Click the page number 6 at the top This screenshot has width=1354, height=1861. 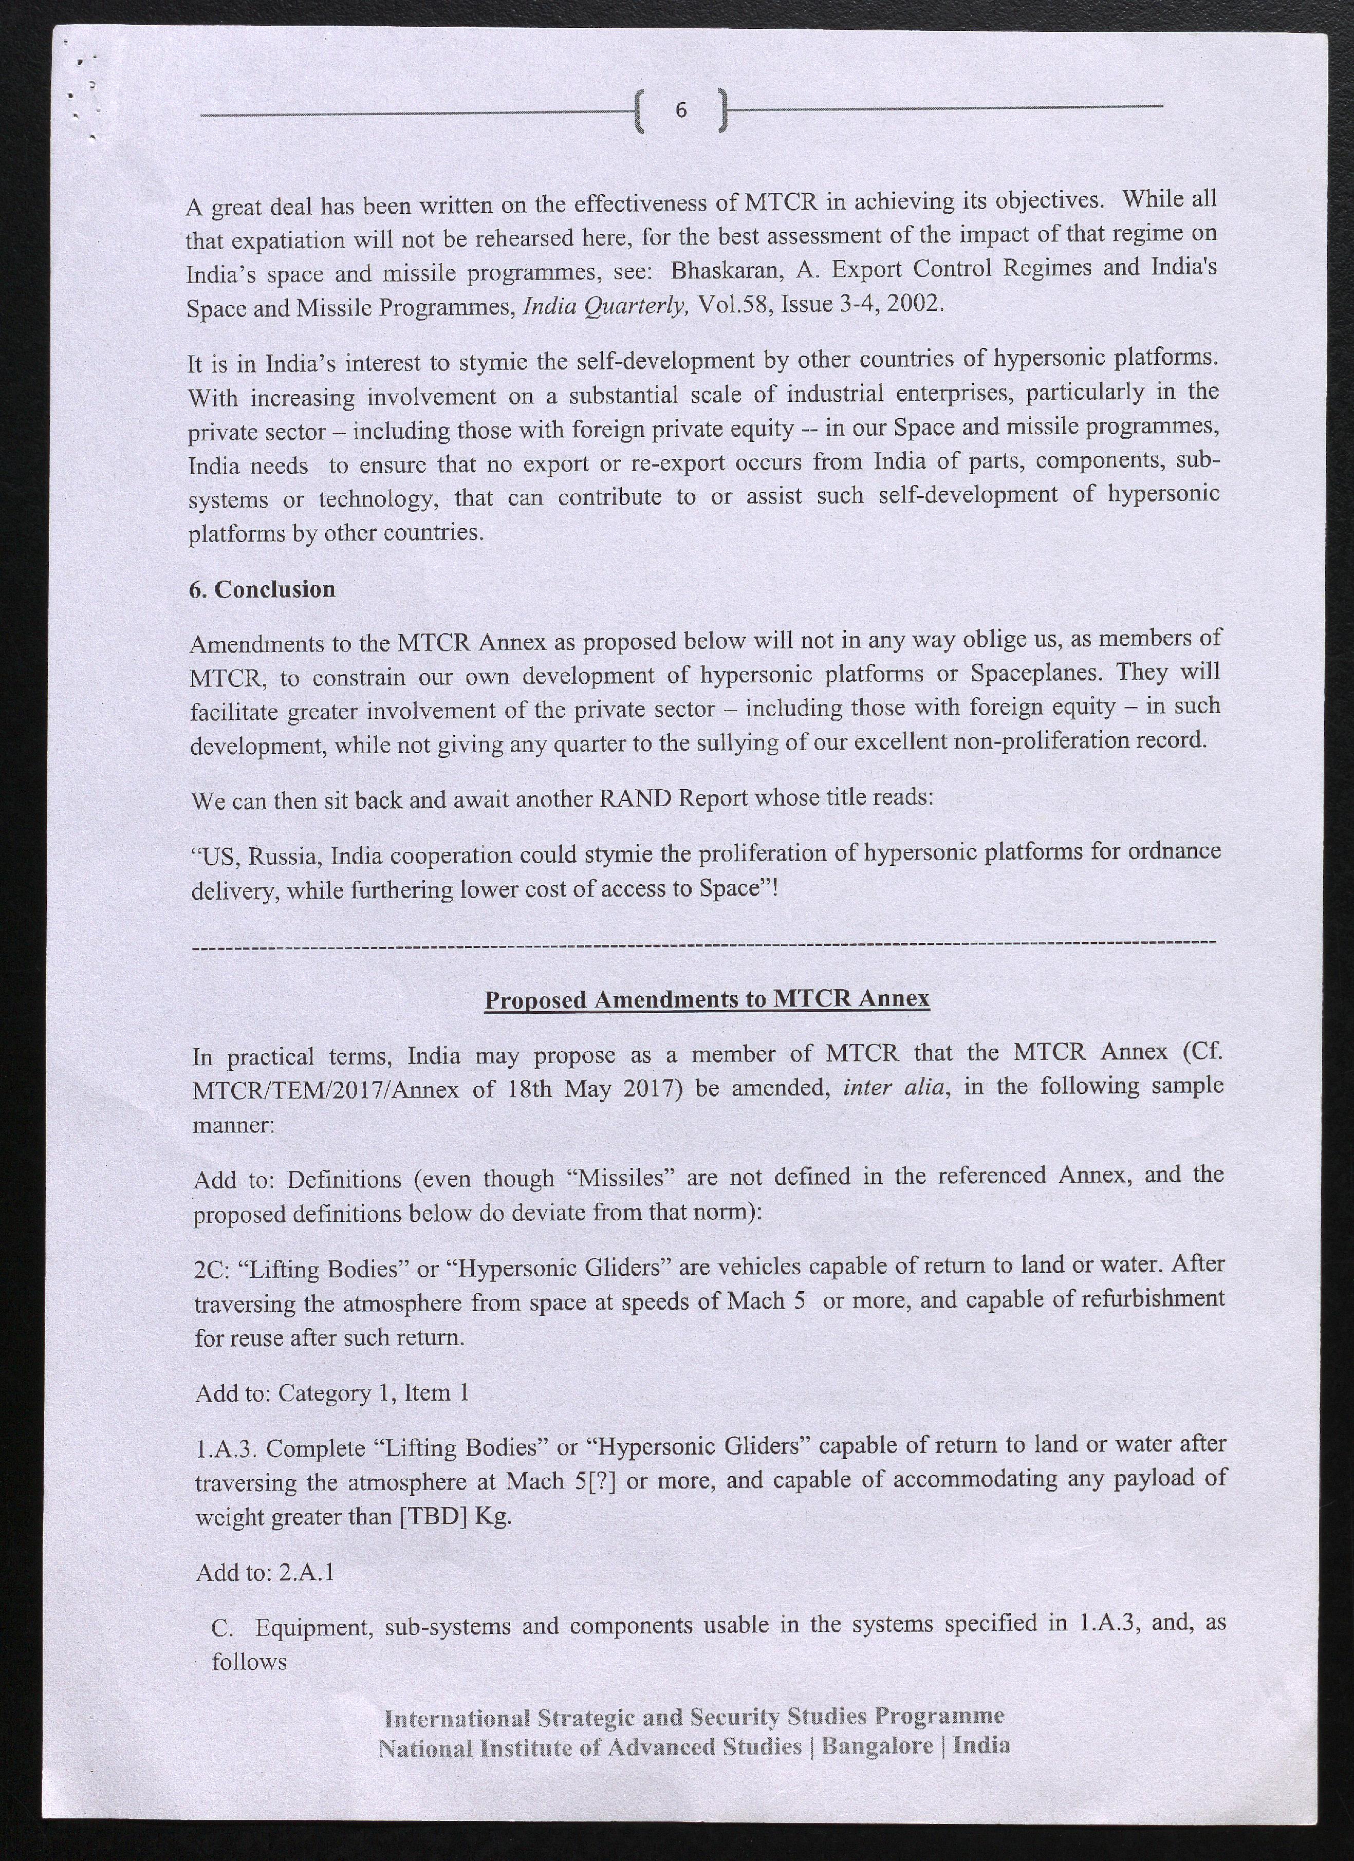click(x=680, y=109)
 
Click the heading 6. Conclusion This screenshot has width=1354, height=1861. click(x=262, y=589)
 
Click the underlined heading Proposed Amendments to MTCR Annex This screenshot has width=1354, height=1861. click(x=707, y=999)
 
